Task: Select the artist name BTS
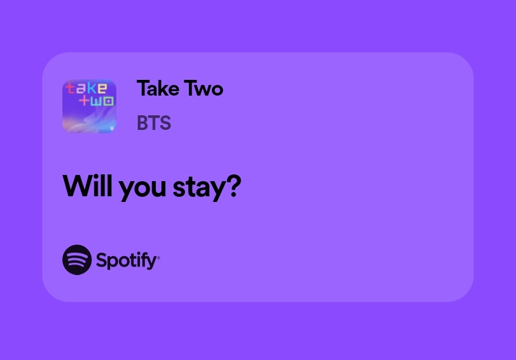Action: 153,123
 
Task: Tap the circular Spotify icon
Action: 77,260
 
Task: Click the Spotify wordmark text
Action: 126,260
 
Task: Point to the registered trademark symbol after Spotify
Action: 159,258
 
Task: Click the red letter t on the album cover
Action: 71,89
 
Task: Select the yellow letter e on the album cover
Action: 102,89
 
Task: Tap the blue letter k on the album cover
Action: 91,88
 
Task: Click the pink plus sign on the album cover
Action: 85,101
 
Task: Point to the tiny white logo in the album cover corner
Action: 111,128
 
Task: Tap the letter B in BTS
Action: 142,123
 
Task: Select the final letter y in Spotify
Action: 152,262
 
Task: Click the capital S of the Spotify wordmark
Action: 102,260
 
